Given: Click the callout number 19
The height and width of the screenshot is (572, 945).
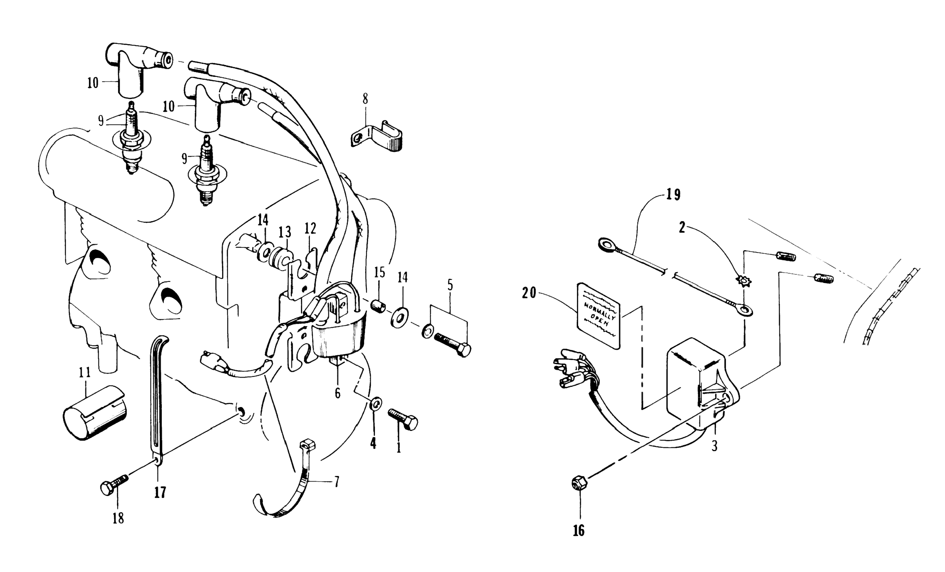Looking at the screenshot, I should (x=673, y=195).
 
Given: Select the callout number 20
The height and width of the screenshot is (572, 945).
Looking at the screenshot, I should (x=529, y=293).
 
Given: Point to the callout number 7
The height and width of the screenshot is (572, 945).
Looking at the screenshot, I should (x=336, y=481).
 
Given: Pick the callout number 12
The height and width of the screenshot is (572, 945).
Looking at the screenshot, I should (x=310, y=229).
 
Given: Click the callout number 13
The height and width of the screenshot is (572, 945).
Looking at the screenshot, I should (x=285, y=232).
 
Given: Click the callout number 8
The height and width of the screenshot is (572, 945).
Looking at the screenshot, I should (x=365, y=99).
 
